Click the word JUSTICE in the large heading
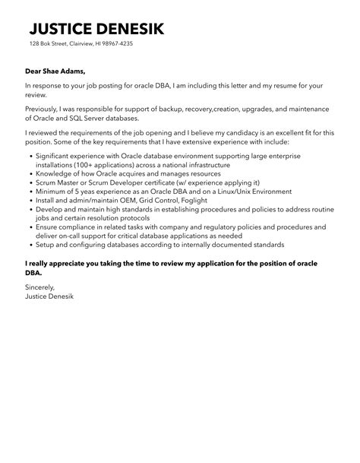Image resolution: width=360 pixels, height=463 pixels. [64, 30]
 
